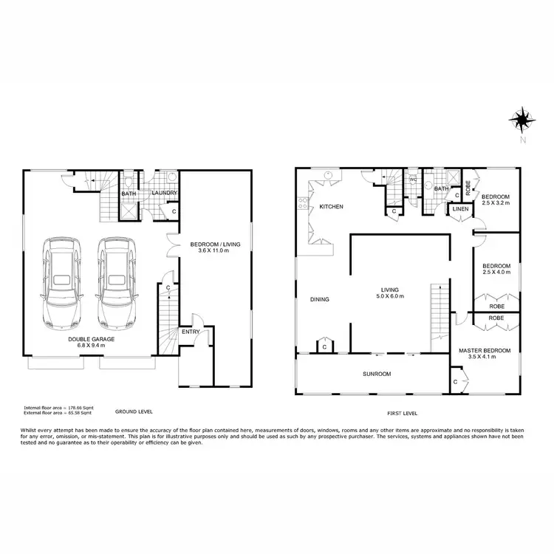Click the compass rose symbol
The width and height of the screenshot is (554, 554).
click(522, 119)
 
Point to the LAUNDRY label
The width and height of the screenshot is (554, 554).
click(163, 194)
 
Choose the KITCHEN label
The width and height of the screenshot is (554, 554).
click(331, 207)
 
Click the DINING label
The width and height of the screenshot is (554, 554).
click(319, 299)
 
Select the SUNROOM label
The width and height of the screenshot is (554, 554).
click(376, 374)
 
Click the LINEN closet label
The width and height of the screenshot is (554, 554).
click(460, 209)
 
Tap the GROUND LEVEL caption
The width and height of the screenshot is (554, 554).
click(133, 411)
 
